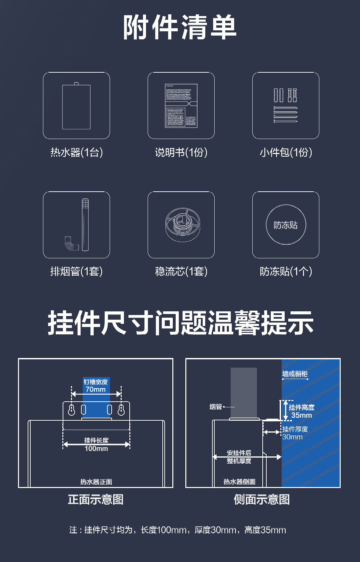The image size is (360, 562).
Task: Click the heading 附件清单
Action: point(180,27)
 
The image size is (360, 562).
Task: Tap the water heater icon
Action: point(76,106)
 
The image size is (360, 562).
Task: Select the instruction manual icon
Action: point(181,106)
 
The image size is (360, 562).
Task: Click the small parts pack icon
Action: point(286,106)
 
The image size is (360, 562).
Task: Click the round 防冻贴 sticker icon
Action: point(286,225)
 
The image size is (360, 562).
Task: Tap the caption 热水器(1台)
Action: point(76,153)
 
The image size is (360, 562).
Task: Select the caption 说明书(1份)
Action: point(181,153)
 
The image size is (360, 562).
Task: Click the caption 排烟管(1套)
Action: point(76,272)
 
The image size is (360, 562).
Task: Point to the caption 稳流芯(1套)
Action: point(181,272)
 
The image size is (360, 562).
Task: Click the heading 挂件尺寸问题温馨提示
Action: point(180,323)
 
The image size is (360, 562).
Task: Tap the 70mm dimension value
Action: point(96,389)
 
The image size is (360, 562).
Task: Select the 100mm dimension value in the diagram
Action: point(96,449)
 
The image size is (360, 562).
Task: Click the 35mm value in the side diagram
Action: point(302,415)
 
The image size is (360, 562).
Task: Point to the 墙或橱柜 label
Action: point(295,374)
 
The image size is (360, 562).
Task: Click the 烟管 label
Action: point(216,407)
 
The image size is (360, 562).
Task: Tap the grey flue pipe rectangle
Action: point(244,393)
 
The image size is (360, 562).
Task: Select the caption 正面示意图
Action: point(96,499)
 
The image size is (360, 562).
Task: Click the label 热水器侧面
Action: point(239,482)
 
